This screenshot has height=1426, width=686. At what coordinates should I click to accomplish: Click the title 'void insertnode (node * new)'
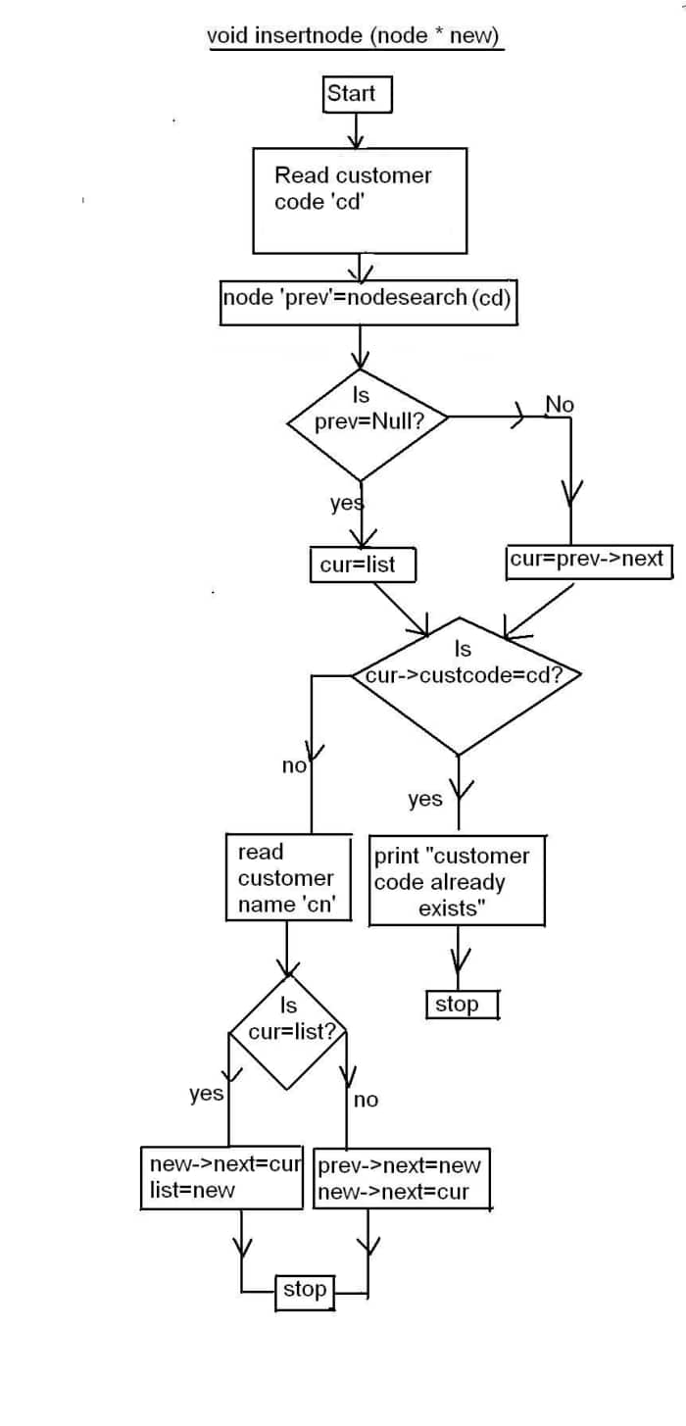pos(354,36)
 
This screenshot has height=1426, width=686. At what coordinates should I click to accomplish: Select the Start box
pos(356,94)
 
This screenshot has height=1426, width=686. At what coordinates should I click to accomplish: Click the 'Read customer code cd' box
pos(359,201)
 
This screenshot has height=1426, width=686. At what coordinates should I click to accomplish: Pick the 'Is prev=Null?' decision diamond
pos(367,423)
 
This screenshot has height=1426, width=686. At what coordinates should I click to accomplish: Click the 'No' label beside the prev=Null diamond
pos(560,405)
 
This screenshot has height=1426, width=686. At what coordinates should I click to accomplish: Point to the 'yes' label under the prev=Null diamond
pos(346,504)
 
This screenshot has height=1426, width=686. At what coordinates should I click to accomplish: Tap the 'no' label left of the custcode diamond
pos(294,766)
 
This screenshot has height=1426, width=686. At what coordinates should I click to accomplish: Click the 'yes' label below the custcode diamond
pos(425,800)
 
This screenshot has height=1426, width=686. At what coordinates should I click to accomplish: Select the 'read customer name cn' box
pos(288,878)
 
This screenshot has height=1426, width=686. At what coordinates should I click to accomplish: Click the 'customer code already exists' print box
pos(457,881)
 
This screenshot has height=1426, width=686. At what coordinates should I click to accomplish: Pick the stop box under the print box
pos(462,1005)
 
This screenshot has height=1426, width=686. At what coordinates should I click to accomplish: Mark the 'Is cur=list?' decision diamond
pos(288,1031)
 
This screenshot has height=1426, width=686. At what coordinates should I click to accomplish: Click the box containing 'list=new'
pos(222,1177)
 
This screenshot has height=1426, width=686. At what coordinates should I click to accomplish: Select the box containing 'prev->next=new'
pos(401,1177)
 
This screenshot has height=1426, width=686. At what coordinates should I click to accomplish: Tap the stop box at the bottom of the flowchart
pos(306,1290)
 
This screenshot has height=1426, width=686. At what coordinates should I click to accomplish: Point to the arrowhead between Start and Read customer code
pos(357,138)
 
